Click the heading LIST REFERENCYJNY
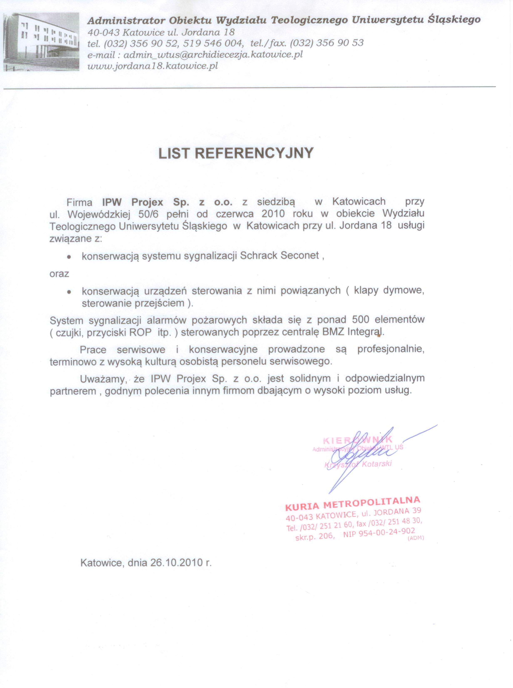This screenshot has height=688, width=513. [x=236, y=153]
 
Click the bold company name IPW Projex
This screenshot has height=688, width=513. [x=133, y=202]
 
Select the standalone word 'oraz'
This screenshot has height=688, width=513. [x=59, y=274]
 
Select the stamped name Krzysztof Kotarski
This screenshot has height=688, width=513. [x=358, y=465]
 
